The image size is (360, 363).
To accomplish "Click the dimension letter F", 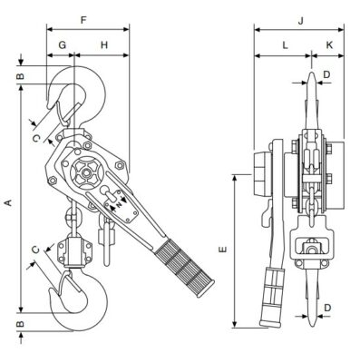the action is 83,20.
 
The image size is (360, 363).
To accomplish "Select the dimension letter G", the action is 63,45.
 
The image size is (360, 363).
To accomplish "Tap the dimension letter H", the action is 104,45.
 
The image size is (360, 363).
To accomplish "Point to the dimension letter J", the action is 300,21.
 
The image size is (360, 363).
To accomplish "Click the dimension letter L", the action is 285,45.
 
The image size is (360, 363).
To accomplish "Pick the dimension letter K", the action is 329,45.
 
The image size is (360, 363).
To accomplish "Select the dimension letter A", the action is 9,202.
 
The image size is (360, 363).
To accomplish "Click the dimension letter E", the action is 223,250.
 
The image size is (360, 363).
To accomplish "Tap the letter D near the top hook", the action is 327,74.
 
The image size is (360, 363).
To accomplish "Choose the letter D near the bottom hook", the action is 327,308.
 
